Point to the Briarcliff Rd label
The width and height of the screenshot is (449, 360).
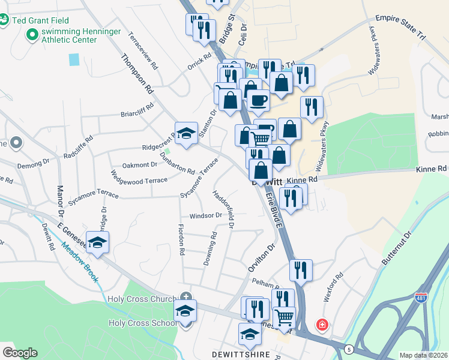tap(139, 113)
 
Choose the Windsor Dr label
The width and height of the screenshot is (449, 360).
tap(205, 215)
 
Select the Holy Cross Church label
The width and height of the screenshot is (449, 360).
tap(142, 299)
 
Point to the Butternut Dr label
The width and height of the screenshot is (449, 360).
tap(398, 248)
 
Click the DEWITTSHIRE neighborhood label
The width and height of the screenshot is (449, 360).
tap(241, 355)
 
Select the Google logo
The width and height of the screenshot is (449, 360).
tap(20, 353)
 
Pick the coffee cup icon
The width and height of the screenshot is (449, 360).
tap(259, 101)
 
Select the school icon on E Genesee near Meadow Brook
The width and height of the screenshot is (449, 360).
tap(97, 242)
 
